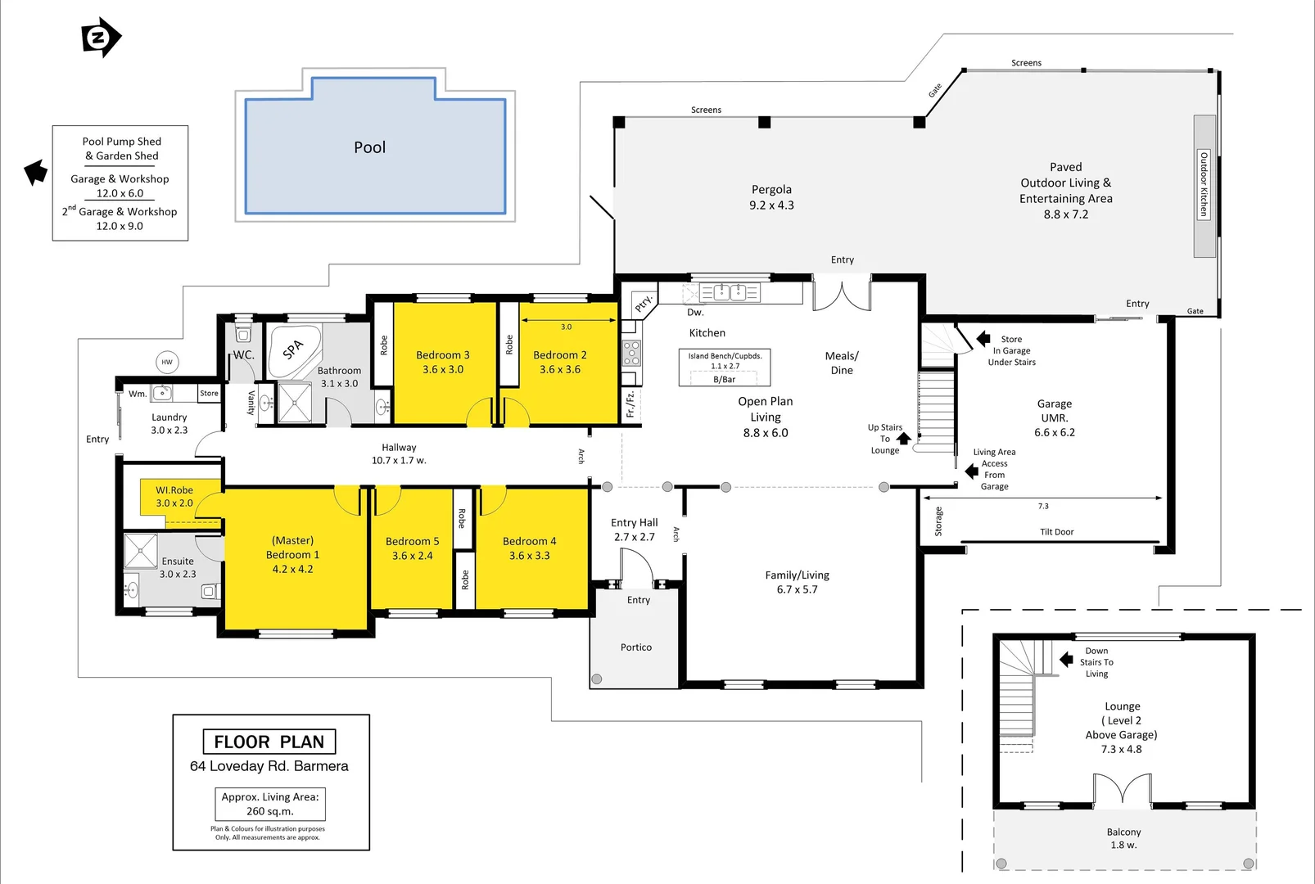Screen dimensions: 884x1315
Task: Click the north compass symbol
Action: pyautogui.click(x=101, y=38)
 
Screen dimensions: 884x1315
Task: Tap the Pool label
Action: pyautogui.click(x=369, y=147)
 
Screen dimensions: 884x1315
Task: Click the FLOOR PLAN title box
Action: pyautogui.click(x=269, y=742)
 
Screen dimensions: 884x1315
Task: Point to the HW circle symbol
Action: pyautogui.click(x=167, y=362)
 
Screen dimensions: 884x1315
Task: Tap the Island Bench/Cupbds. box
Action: pyautogui.click(x=724, y=367)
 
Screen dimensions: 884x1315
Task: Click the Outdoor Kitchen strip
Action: pyautogui.click(x=1203, y=186)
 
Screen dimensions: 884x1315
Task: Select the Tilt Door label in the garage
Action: pyautogui.click(x=1056, y=532)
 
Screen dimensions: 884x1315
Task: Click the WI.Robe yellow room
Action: pyautogui.click(x=174, y=496)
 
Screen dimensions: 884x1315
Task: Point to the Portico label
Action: pyautogui.click(x=636, y=647)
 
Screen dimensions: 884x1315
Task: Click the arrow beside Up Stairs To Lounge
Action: pyautogui.click(x=904, y=439)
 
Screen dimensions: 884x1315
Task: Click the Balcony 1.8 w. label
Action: pyautogui.click(x=1123, y=838)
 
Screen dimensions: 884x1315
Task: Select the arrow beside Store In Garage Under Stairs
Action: pyautogui.click(x=983, y=339)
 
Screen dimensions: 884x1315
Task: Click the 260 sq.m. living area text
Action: pyautogui.click(x=270, y=811)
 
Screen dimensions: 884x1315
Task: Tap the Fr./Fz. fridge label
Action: pyautogui.click(x=630, y=404)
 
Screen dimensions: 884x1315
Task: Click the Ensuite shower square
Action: pyautogui.click(x=141, y=551)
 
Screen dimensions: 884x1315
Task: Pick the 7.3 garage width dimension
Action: pyautogui.click(x=1042, y=506)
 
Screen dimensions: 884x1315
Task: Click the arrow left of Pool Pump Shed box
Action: pyautogui.click(x=35, y=172)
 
